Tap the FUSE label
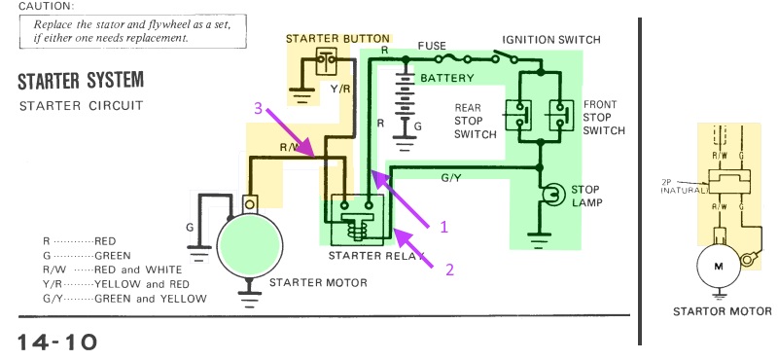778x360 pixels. (x=432, y=46)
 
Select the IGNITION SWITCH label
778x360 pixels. (x=551, y=40)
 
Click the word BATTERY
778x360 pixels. (x=447, y=77)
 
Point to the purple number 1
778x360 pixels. (x=443, y=226)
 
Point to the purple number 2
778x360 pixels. (x=449, y=263)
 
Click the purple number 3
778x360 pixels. (x=259, y=110)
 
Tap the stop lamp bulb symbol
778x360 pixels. (x=555, y=193)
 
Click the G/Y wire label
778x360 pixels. (x=450, y=179)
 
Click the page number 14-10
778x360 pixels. (x=56, y=342)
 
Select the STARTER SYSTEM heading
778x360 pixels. (x=81, y=78)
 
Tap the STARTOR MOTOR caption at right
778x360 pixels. (x=722, y=312)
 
